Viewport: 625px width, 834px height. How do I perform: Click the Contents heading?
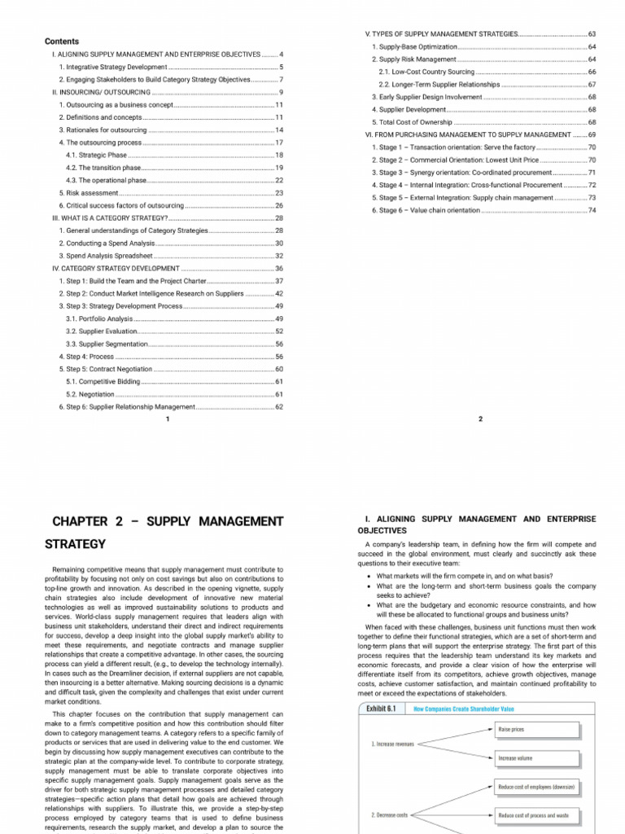point(61,41)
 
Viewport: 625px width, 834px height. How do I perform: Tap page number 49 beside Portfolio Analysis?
point(278,318)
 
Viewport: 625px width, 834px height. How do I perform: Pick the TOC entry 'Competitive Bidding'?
point(103,381)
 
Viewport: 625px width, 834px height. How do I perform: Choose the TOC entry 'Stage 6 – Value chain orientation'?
point(426,210)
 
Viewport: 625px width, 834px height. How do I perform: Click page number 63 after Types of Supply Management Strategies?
point(592,34)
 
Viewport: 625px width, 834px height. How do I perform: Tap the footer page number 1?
point(167,419)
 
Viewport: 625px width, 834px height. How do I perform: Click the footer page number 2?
point(480,419)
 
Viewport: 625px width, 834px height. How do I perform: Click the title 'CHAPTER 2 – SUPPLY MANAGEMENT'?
point(167,520)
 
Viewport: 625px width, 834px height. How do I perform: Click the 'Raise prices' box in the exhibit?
point(511,730)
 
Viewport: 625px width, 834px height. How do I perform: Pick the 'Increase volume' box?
point(515,757)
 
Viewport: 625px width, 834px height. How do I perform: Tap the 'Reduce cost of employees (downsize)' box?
point(536,787)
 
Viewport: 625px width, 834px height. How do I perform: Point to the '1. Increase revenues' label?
point(393,744)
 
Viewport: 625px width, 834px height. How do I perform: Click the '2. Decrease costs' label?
point(390,814)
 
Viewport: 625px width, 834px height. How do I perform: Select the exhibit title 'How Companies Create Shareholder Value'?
point(464,709)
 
